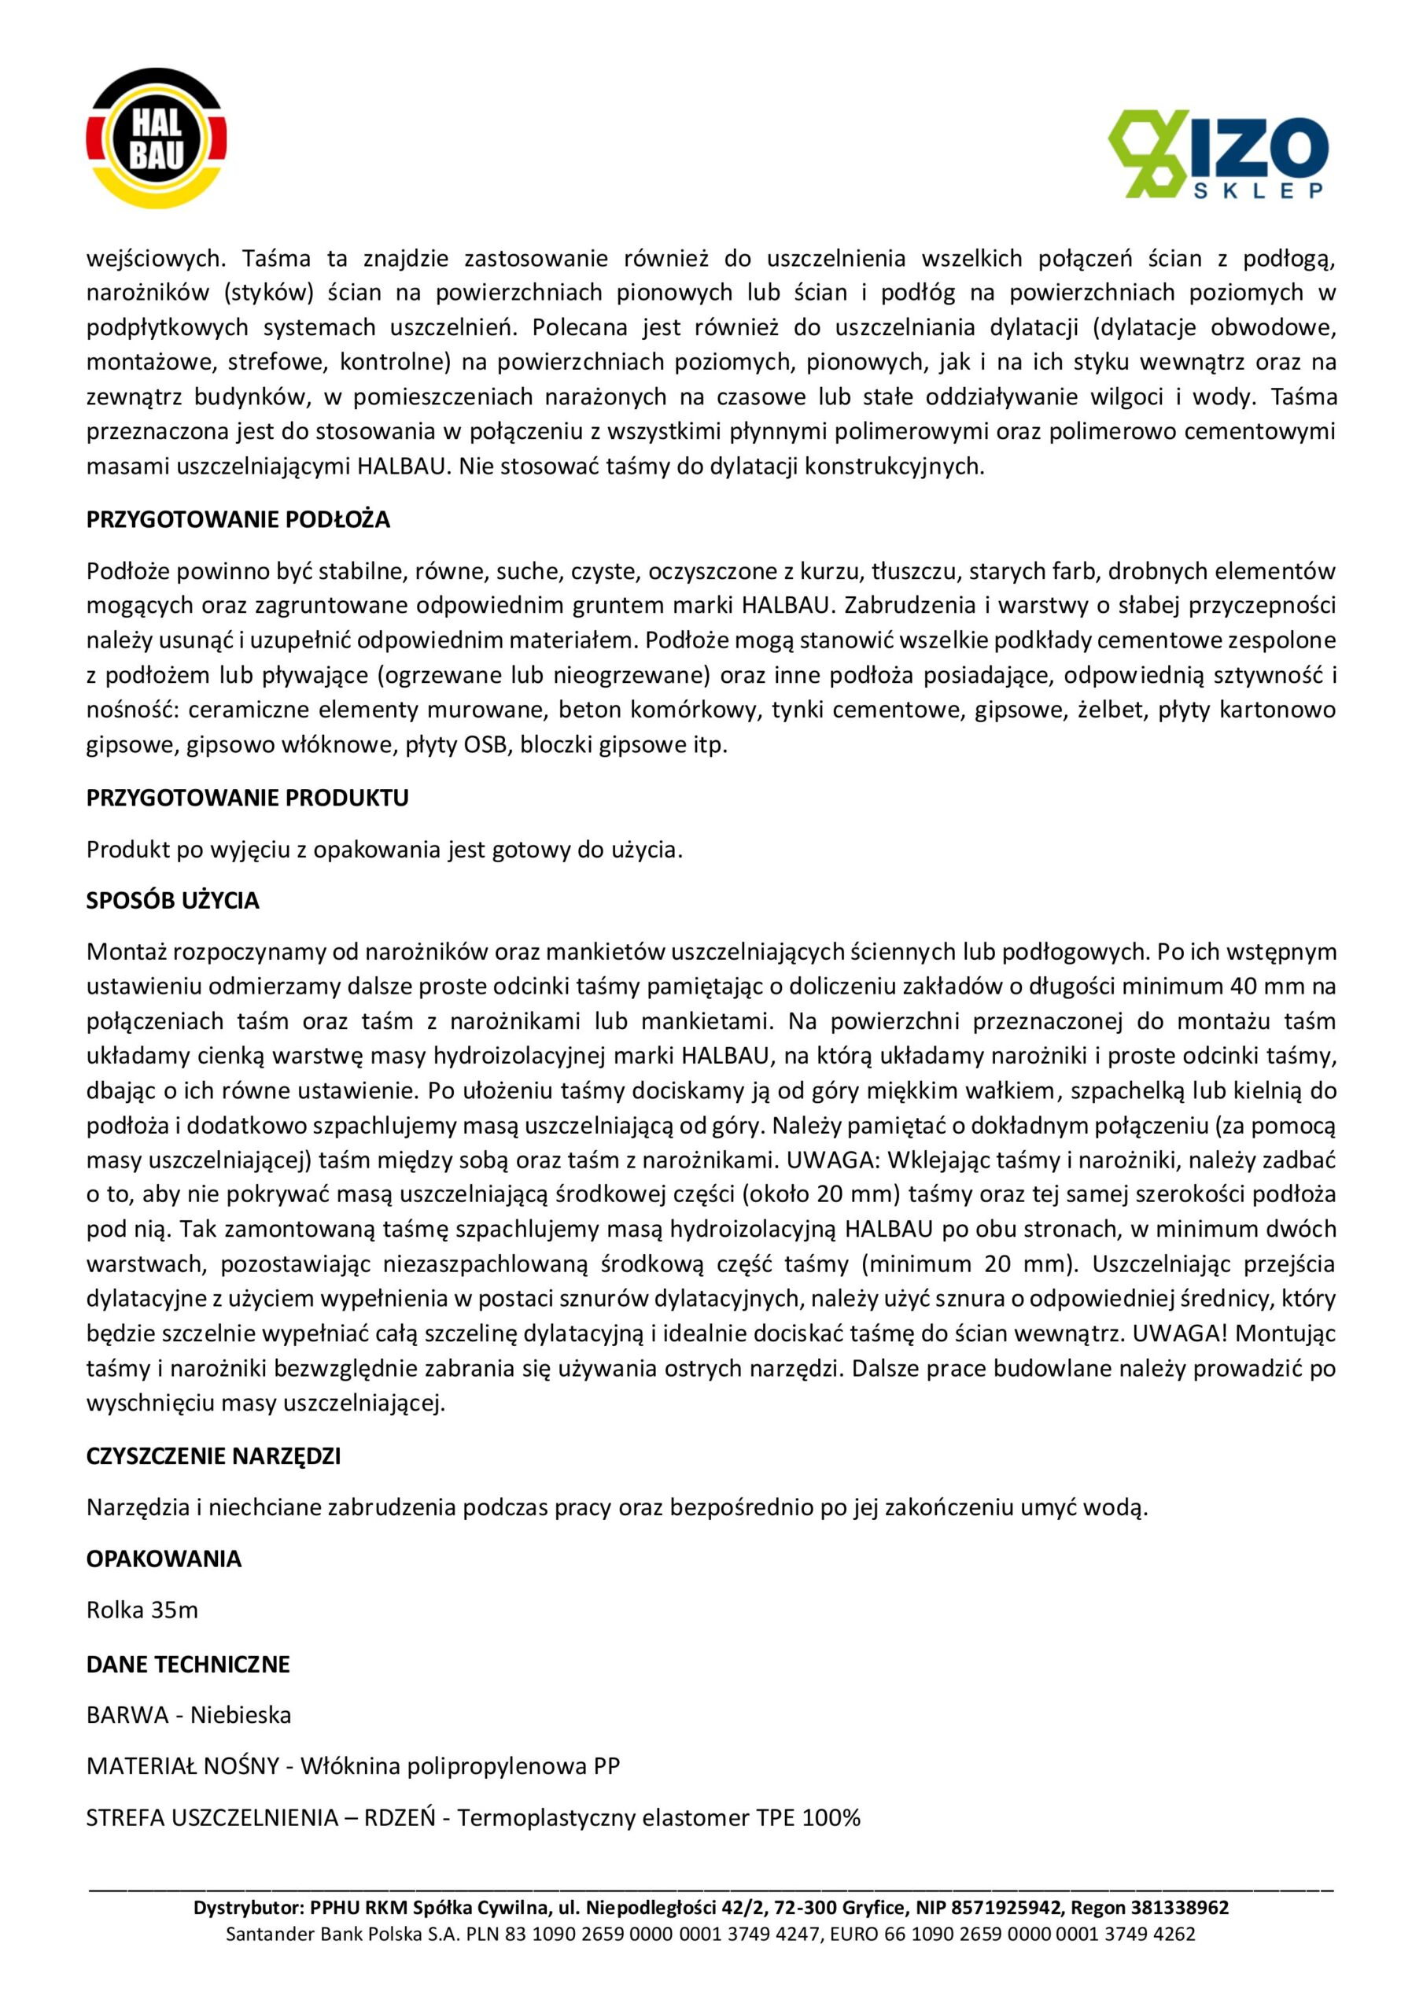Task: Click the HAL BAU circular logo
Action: click(x=157, y=138)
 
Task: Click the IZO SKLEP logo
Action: click(x=1217, y=153)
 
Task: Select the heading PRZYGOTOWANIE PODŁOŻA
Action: click(x=238, y=520)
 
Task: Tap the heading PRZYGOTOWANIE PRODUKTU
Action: click(x=248, y=799)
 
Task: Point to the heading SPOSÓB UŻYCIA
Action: click(x=173, y=901)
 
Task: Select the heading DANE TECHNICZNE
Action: click(x=188, y=1664)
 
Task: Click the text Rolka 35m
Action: click(x=142, y=1610)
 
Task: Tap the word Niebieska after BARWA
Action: click(x=241, y=1715)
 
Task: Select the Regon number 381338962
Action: click(x=1180, y=1908)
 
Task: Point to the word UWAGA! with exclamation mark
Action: click(x=1180, y=1334)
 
